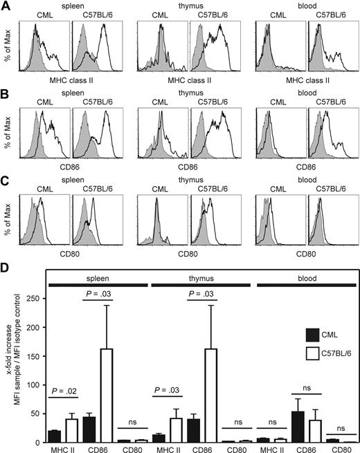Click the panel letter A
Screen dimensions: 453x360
[x=6, y=6]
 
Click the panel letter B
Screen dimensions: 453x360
[x=6, y=92]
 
